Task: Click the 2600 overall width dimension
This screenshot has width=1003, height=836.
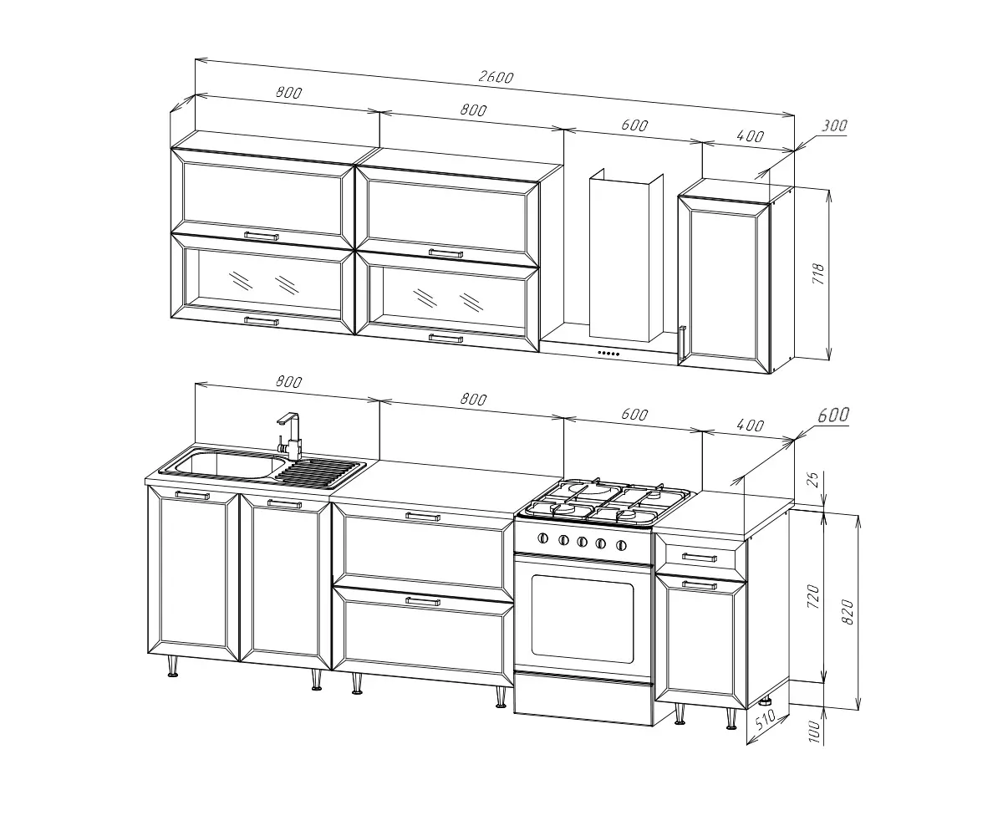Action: click(496, 77)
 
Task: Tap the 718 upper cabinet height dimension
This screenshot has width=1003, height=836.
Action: click(818, 274)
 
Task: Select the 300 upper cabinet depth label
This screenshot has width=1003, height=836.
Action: click(834, 126)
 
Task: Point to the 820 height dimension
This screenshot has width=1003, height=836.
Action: click(848, 612)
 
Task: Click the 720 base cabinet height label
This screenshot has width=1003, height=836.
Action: click(813, 596)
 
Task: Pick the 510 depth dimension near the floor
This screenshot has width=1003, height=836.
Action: click(765, 719)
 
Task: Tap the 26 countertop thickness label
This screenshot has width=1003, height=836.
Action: click(812, 480)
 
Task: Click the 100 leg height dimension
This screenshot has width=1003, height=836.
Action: click(814, 731)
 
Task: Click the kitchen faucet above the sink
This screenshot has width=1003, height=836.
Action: click(290, 436)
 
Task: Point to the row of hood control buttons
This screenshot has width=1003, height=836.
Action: click(608, 354)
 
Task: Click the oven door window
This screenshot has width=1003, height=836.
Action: click(583, 619)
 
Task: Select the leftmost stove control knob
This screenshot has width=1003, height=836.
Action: click(542, 538)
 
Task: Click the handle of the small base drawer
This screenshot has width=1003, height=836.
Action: click(699, 558)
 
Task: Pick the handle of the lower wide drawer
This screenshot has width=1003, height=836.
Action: click(423, 601)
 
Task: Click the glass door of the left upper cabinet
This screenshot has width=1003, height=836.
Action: click(262, 284)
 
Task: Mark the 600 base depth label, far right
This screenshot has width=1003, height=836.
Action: click(833, 415)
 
